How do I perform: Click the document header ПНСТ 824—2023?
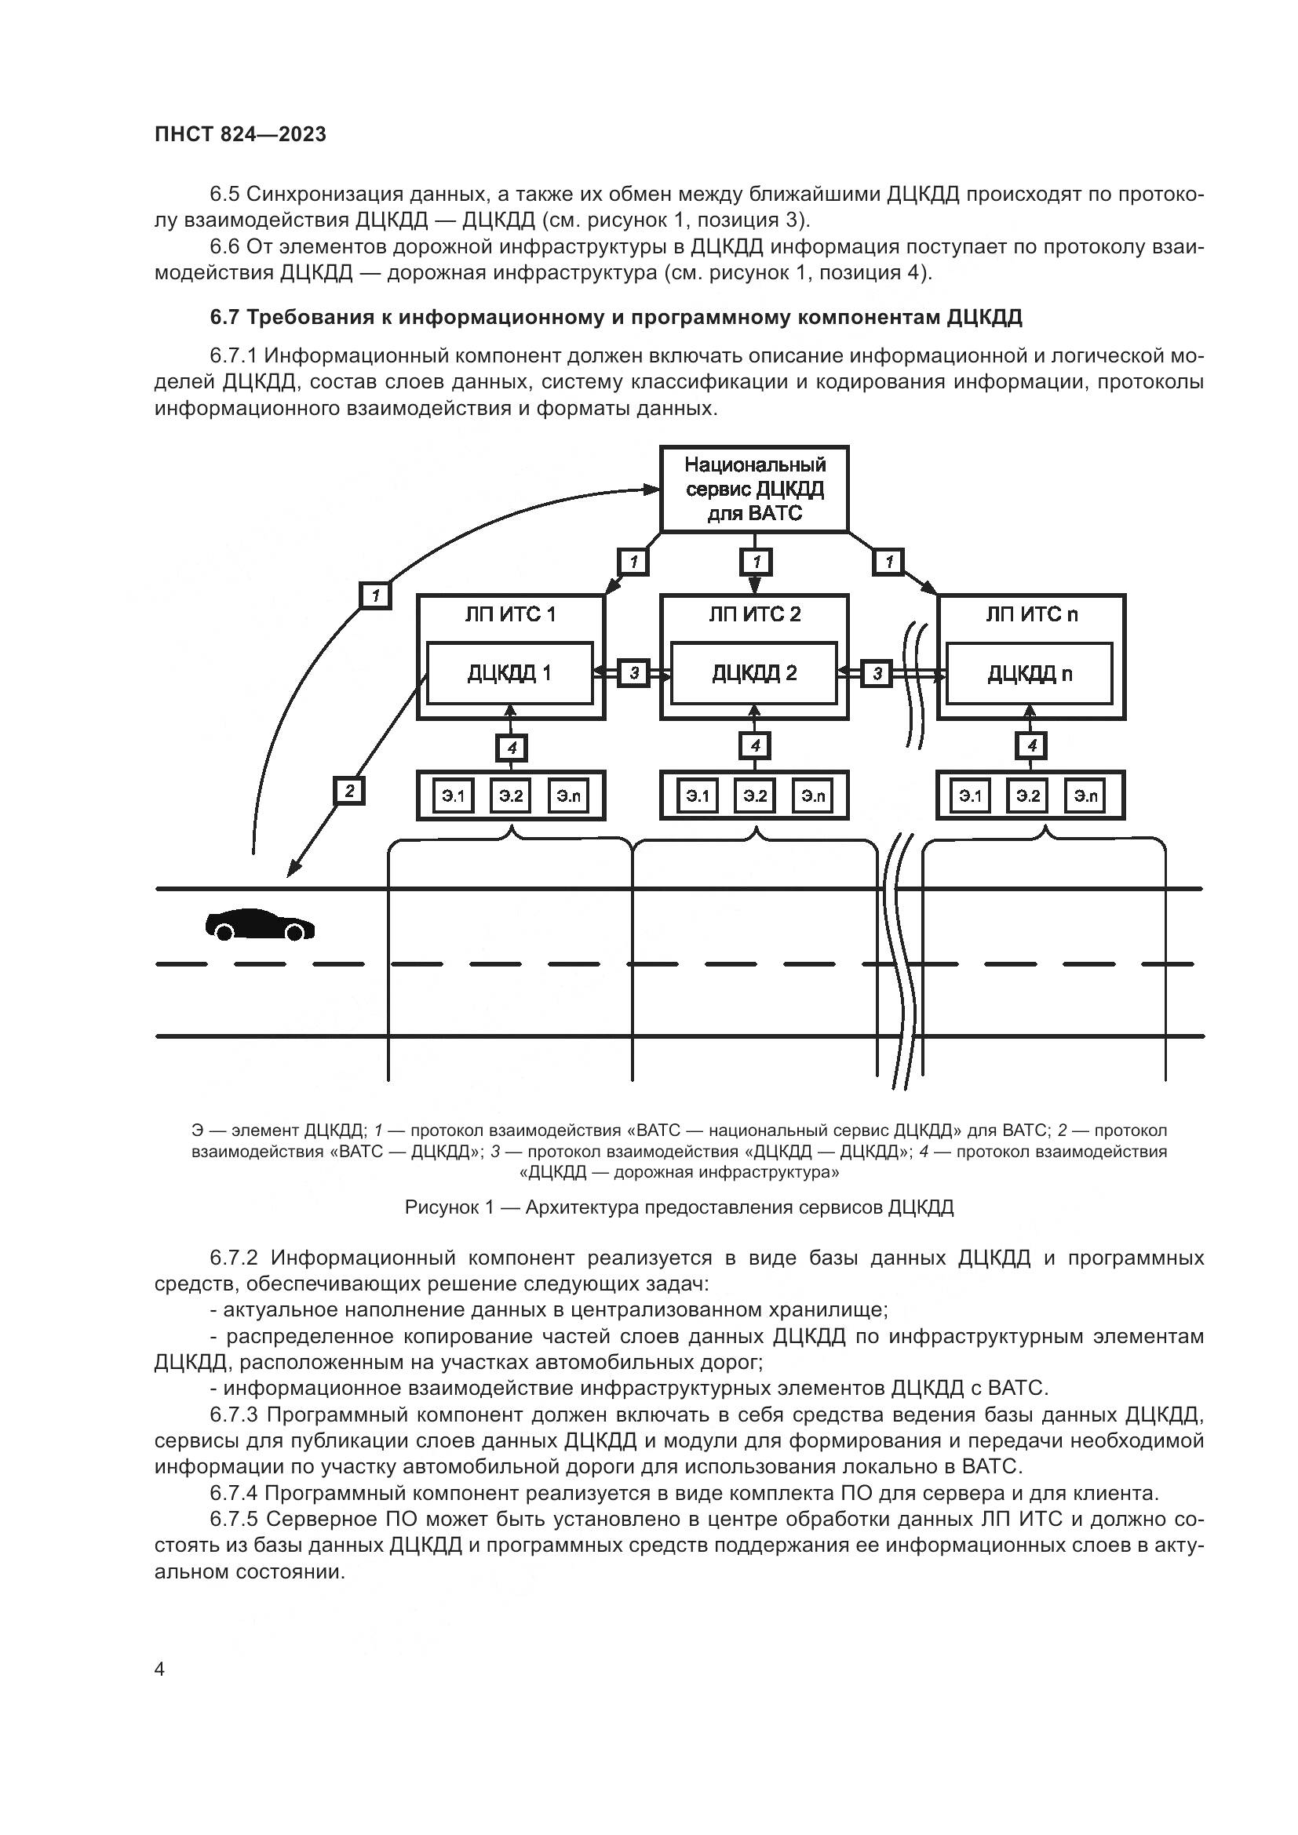pos(241,134)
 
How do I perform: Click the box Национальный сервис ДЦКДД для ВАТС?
pos(754,489)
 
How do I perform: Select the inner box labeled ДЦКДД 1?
pos(509,673)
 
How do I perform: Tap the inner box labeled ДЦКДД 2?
pos(754,673)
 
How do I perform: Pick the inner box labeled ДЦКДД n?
pos(1030,674)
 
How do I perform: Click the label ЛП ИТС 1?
pos(510,613)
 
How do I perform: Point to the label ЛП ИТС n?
pos(1032,613)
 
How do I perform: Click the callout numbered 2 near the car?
pos(349,791)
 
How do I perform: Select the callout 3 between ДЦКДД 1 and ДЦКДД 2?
pos(634,673)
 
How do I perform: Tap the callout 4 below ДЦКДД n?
pos(1032,745)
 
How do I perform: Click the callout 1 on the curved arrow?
pos(375,595)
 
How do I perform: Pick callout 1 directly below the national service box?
pos(756,562)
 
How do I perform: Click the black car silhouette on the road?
pos(260,925)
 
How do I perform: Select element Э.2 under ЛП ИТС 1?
pos(511,796)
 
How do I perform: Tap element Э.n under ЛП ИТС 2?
pos(813,796)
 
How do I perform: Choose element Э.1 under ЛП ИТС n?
pos(970,796)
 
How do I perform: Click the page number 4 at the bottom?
pos(159,1669)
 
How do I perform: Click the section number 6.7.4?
pos(233,1493)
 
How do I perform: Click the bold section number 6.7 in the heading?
pos(224,317)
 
